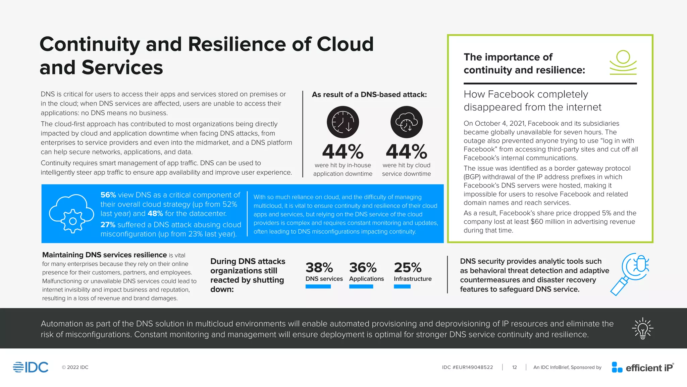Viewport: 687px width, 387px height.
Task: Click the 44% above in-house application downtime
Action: pyautogui.click(x=342, y=152)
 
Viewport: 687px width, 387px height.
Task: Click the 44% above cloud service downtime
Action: pyautogui.click(x=406, y=152)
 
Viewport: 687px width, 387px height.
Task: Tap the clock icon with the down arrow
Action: pyautogui.click(x=343, y=122)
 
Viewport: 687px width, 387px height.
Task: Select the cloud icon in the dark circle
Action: pyautogui.click(x=406, y=122)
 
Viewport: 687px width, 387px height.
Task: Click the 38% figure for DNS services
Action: pyautogui.click(x=319, y=268)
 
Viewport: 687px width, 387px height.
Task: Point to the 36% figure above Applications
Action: pyautogui.click(x=363, y=268)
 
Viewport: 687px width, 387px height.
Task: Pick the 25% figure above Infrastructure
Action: pyautogui.click(x=408, y=268)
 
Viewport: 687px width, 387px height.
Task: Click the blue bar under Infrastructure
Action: pyautogui.click(x=402, y=287)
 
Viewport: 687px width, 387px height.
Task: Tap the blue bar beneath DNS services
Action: pyautogui.click(x=318, y=287)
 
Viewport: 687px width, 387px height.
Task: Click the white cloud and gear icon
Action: pyautogui.click(x=71, y=214)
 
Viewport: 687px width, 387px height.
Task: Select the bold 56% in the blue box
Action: pyautogui.click(x=108, y=195)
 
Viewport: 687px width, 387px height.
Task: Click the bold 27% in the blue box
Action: pyautogui.click(x=108, y=225)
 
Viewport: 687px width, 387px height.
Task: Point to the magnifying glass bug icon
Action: pyautogui.click(x=630, y=274)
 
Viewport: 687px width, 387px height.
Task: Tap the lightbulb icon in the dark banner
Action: pyautogui.click(x=642, y=329)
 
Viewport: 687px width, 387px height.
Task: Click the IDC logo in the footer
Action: pyautogui.click(x=31, y=367)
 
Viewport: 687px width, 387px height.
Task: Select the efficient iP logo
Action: pyautogui.click(x=642, y=368)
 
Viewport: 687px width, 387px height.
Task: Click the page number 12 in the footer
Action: pyautogui.click(x=514, y=368)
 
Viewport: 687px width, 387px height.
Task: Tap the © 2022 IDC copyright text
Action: pyautogui.click(x=75, y=368)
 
